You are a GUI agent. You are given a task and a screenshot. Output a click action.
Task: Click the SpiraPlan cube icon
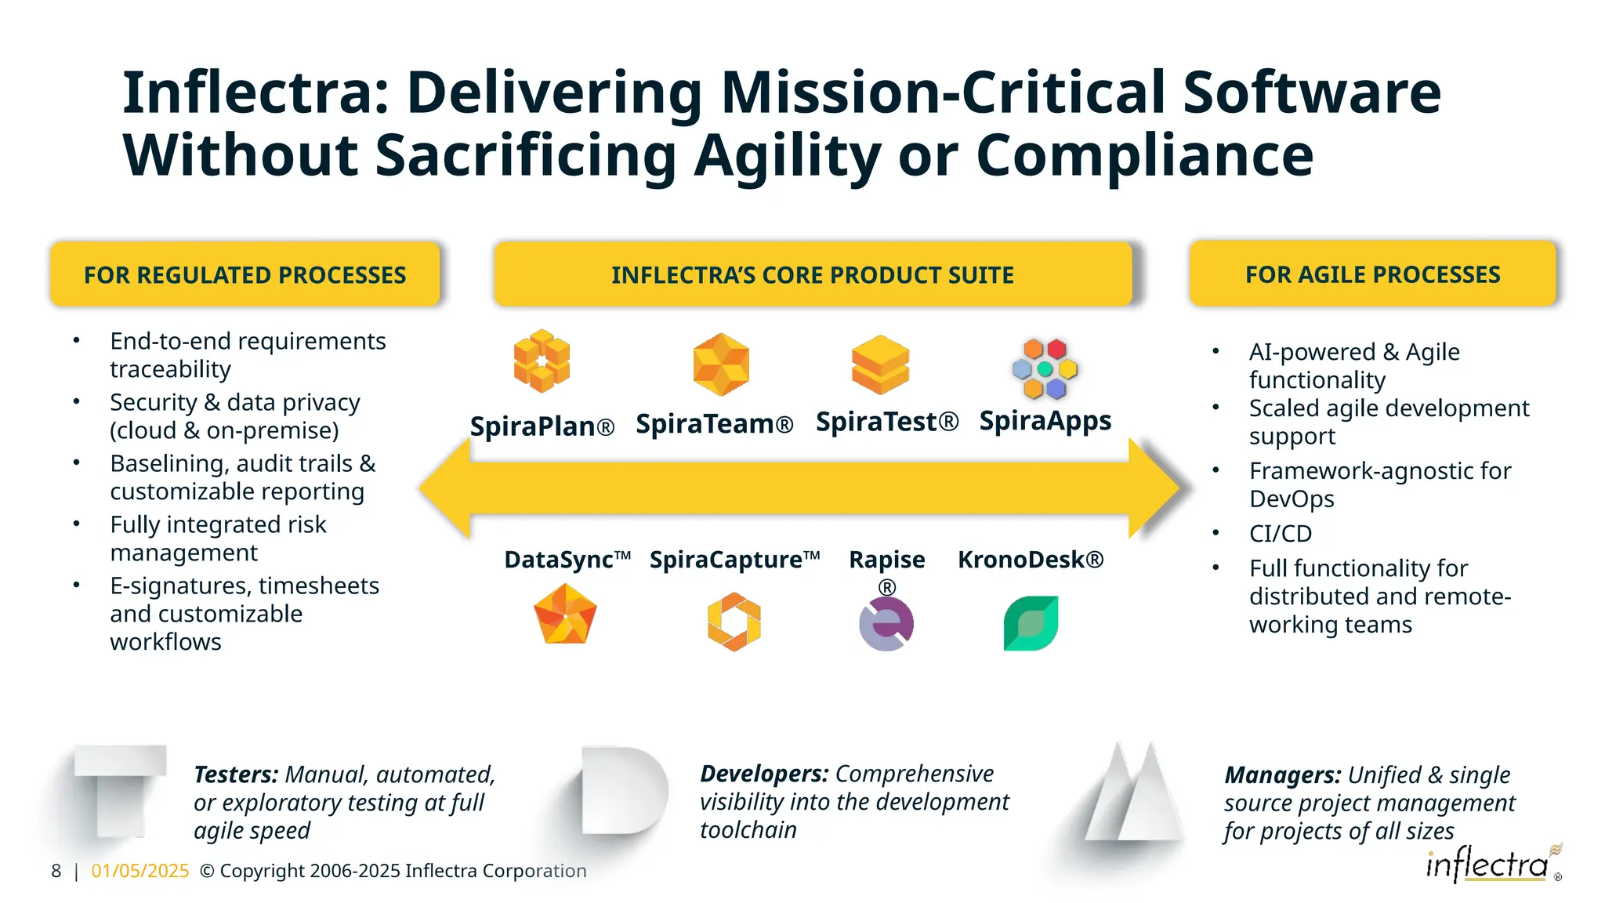pyautogui.click(x=542, y=361)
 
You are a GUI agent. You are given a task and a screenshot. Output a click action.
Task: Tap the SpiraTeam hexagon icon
pyautogui.click(x=721, y=364)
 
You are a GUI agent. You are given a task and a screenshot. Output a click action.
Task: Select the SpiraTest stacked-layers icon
pyautogui.click(x=880, y=364)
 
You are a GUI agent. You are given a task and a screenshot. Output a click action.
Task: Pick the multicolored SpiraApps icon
pyautogui.click(x=1045, y=368)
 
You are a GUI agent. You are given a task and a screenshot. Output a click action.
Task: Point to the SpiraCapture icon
pyautogui.click(x=734, y=622)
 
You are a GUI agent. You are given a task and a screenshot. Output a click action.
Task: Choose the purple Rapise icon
pyautogui.click(x=886, y=624)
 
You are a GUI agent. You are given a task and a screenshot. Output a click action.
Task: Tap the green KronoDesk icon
pyautogui.click(x=1031, y=623)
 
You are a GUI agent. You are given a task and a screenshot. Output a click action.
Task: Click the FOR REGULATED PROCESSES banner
pyautogui.click(x=245, y=274)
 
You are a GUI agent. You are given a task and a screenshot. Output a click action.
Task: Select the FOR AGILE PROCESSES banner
pyautogui.click(x=1372, y=274)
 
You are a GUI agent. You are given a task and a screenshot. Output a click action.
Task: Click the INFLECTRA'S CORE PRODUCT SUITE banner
pyautogui.click(x=813, y=274)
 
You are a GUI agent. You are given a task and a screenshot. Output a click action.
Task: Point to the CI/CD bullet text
pyautogui.click(x=1280, y=534)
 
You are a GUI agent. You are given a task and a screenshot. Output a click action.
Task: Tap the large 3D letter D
pyautogui.click(x=624, y=790)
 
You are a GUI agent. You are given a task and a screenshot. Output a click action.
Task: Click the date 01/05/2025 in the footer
pyautogui.click(x=140, y=871)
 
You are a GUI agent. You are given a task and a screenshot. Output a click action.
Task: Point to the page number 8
pyautogui.click(x=56, y=871)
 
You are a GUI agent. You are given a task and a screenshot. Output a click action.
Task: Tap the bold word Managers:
pyautogui.click(x=1282, y=775)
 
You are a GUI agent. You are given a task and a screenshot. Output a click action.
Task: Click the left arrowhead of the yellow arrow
pyautogui.click(x=444, y=488)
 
